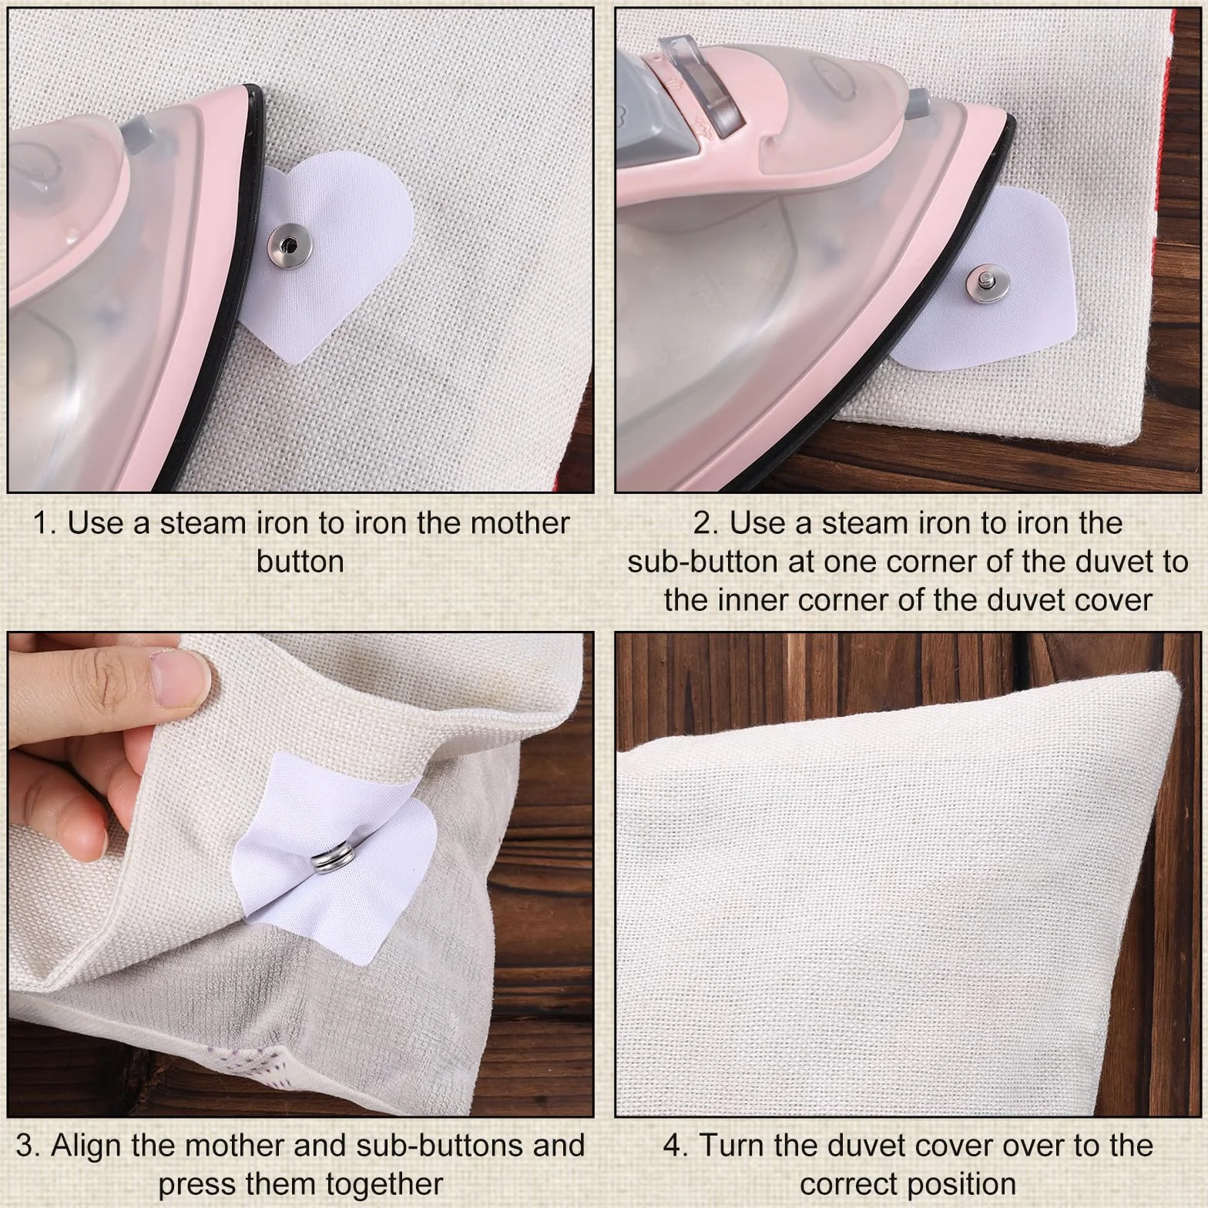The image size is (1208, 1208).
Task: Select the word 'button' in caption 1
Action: pyautogui.click(x=300, y=562)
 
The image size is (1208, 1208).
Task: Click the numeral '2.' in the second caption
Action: pyautogui.click(x=706, y=523)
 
